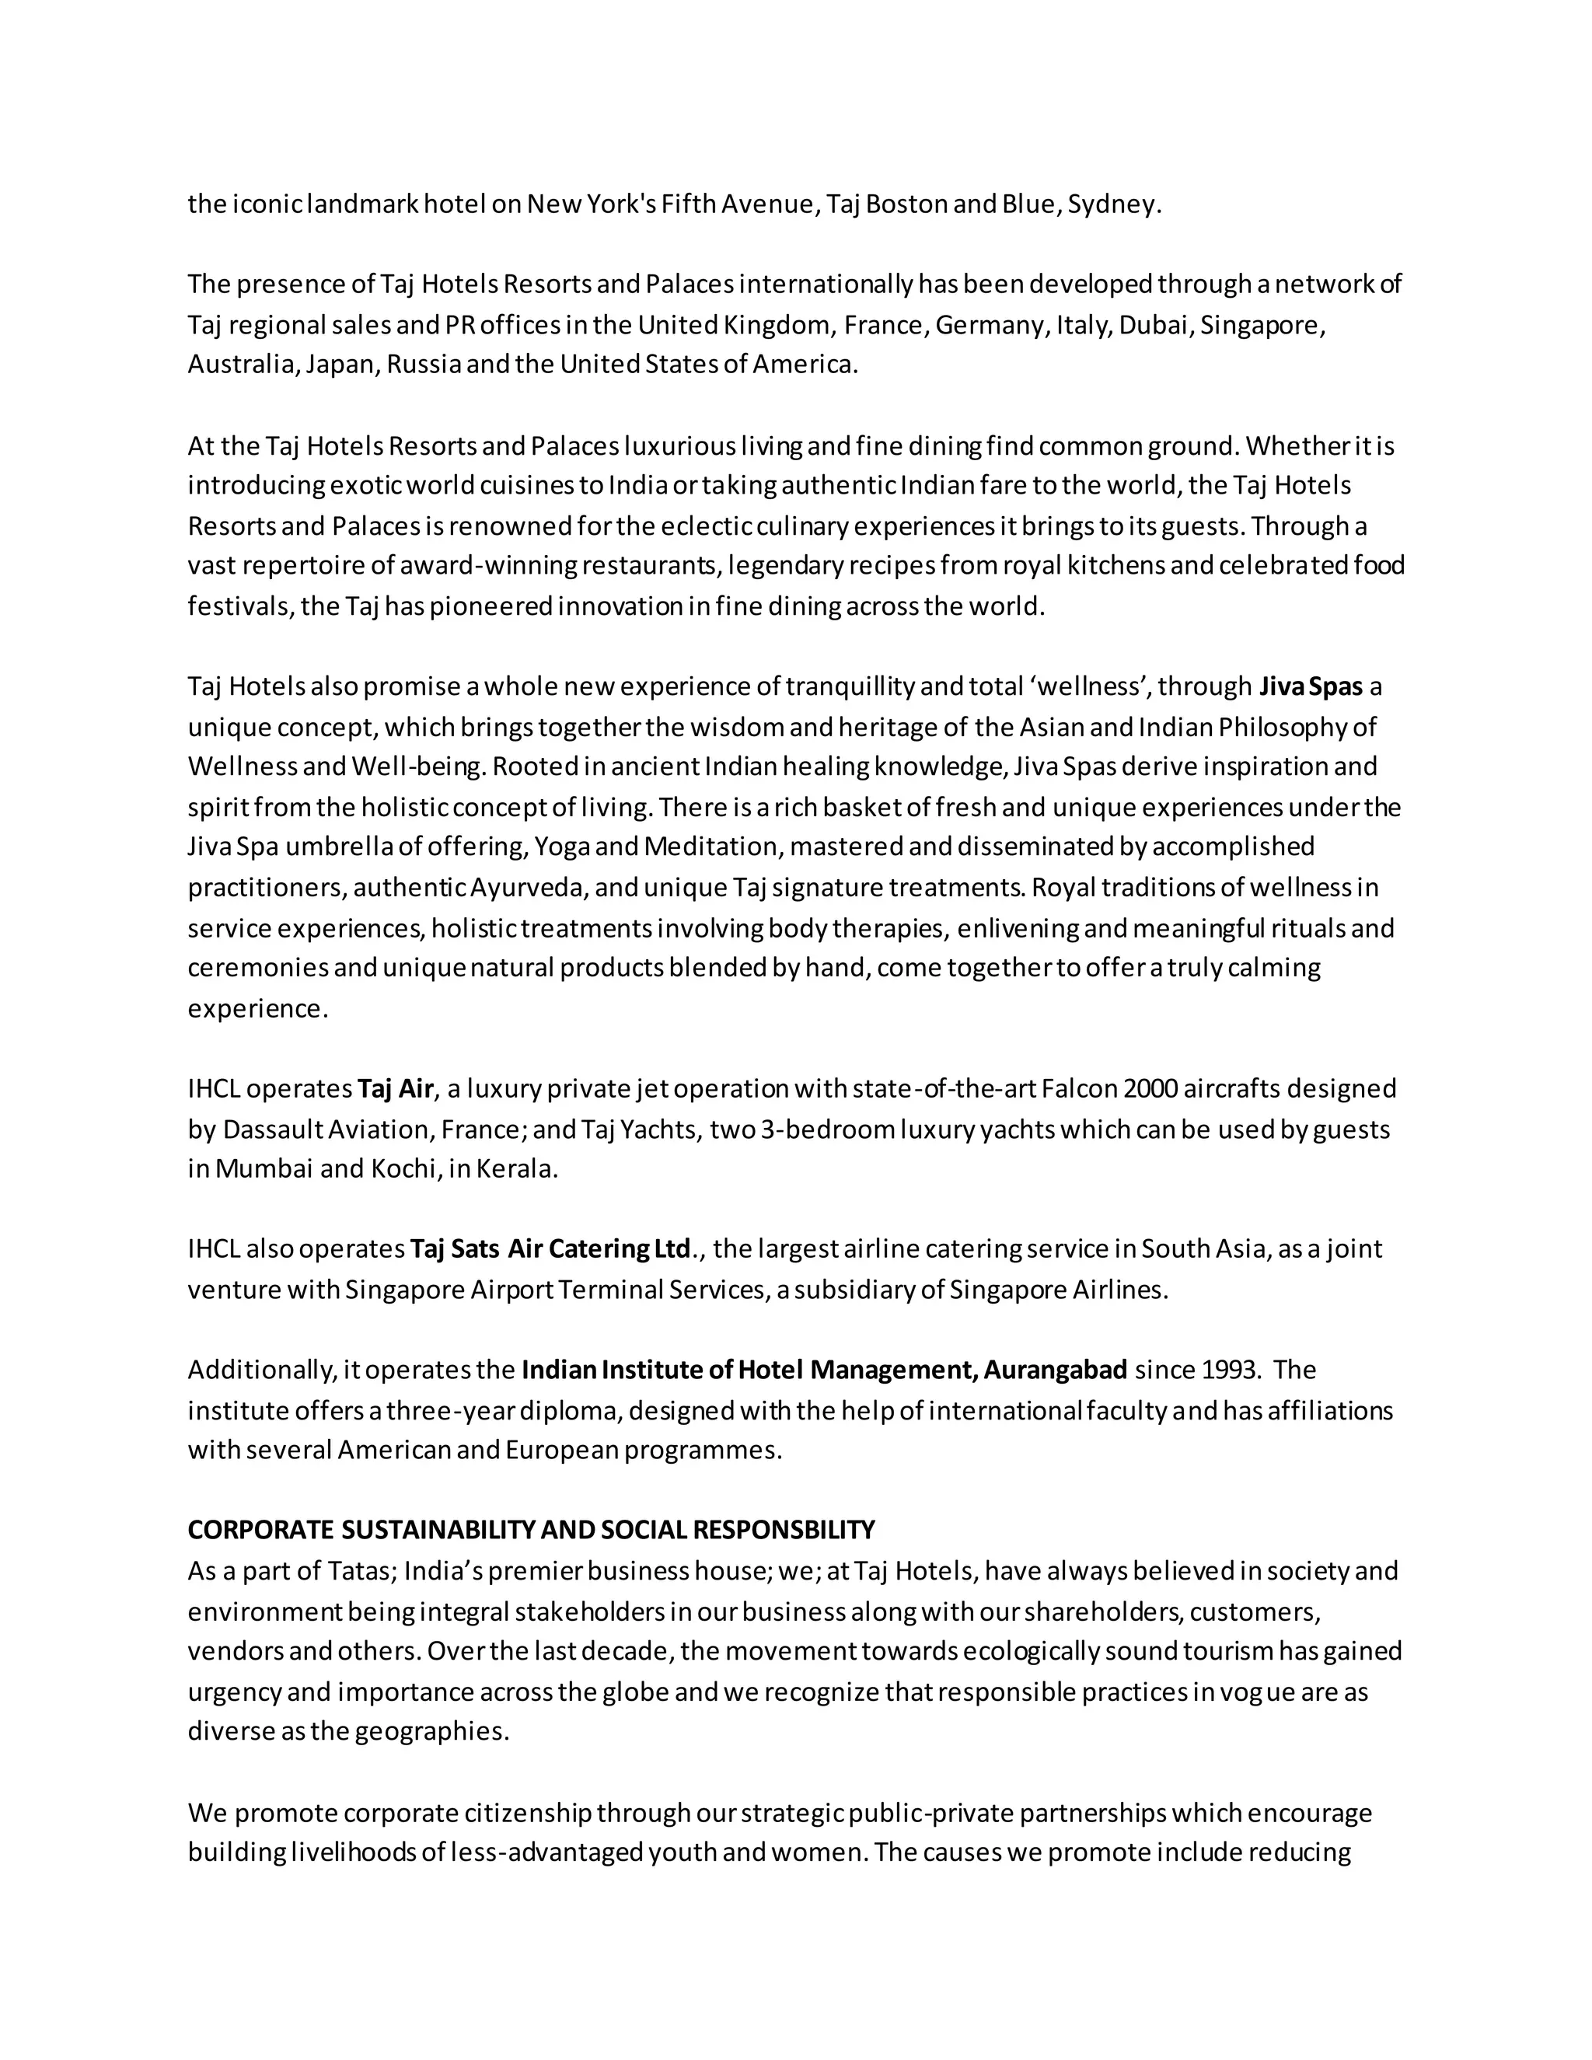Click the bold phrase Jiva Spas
tap(1311, 686)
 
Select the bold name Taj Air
tap(395, 1088)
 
